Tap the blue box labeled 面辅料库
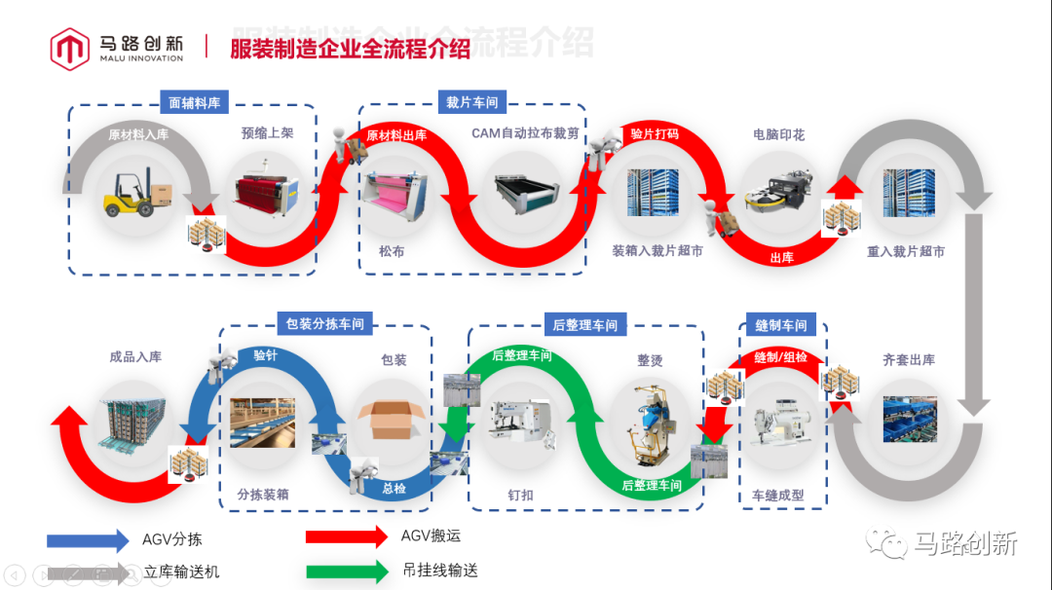click(x=194, y=102)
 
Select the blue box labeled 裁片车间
click(x=472, y=102)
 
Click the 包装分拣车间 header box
click(x=325, y=323)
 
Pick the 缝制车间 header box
click(x=781, y=325)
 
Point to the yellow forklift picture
click(x=136, y=195)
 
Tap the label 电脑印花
click(x=779, y=134)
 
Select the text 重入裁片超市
click(x=906, y=251)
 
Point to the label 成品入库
click(x=135, y=356)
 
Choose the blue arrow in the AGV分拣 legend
click(x=88, y=539)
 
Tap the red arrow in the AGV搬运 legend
click(x=346, y=535)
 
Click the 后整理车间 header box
click(x=584, y=324)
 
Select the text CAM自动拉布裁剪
click(x=526, y=133)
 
